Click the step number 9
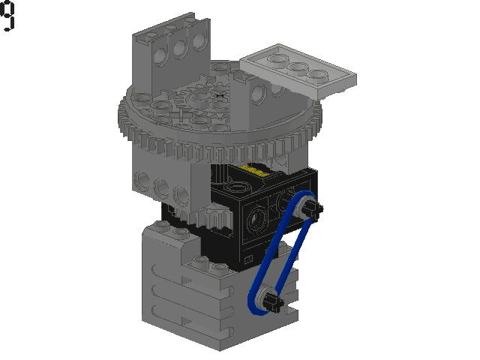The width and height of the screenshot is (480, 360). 7,16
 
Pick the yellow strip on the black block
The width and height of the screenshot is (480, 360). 255,170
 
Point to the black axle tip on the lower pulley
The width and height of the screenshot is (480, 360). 278,304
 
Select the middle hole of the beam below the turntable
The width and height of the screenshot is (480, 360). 160,185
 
